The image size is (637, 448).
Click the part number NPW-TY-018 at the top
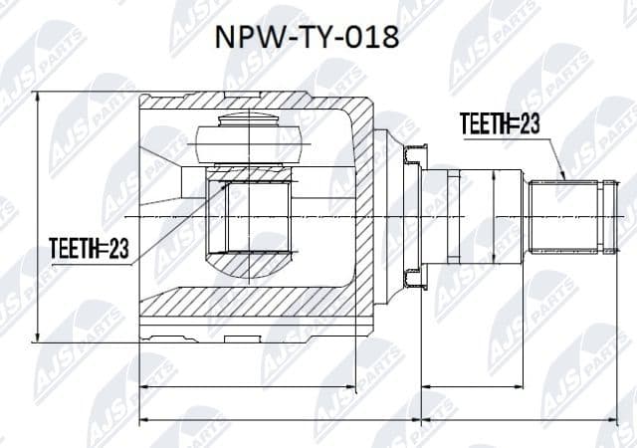point(308,39)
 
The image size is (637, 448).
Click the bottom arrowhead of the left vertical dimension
point(38,337)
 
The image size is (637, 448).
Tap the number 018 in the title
point(372,39)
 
